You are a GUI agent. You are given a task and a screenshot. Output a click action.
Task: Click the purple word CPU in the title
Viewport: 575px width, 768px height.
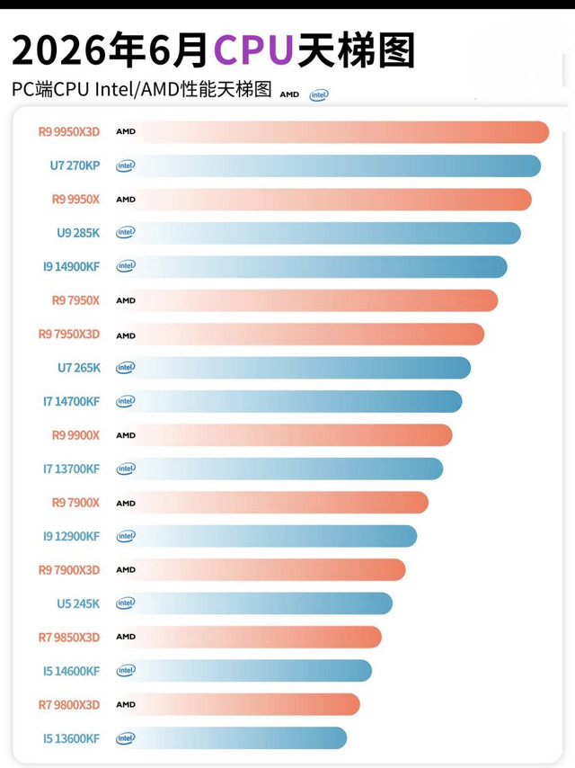pos(253,49)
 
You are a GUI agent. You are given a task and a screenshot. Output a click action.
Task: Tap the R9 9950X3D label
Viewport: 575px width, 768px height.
pos(69,132)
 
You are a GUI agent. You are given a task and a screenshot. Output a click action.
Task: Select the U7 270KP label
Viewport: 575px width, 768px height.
pos(75,165)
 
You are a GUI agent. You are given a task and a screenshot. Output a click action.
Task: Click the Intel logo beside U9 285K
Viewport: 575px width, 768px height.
pos(126,232)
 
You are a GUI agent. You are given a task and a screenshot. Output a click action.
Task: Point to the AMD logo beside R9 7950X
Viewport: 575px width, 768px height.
pos(126,300)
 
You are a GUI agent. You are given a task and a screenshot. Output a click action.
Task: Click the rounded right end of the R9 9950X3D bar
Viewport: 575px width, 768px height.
pos(544,132)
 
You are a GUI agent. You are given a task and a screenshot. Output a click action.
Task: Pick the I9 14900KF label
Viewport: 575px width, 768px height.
pos(72,266)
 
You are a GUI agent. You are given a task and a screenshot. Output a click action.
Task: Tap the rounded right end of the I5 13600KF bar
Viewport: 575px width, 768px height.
pos(341,738)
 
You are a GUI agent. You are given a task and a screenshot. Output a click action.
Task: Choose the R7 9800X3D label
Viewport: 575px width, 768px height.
pos(69,705)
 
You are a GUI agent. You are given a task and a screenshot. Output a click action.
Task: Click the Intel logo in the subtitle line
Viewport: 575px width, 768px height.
pos(319,94)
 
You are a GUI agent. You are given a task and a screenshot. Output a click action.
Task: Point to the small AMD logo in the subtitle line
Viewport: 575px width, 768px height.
pos(289,94)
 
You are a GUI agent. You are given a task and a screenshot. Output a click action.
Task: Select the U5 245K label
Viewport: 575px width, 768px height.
pos(78,603)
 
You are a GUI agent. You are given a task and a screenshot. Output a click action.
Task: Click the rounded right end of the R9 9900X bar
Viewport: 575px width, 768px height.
pos(447,435)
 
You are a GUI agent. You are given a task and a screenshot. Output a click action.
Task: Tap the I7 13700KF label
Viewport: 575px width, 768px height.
pos(72,469)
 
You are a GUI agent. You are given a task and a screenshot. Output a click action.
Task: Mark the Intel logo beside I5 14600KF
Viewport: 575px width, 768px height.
pos(126,670)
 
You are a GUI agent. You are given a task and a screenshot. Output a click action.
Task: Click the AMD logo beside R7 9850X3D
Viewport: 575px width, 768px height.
pos(126,637)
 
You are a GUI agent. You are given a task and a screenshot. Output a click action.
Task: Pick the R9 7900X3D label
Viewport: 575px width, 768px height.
pos(69,569)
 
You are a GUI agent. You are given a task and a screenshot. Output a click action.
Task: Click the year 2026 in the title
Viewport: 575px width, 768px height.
pos(59,50)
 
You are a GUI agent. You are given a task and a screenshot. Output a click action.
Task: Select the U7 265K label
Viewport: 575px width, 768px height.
pos(79,367)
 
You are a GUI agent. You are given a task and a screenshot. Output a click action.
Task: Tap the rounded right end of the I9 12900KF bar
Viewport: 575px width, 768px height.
pos(411,536)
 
